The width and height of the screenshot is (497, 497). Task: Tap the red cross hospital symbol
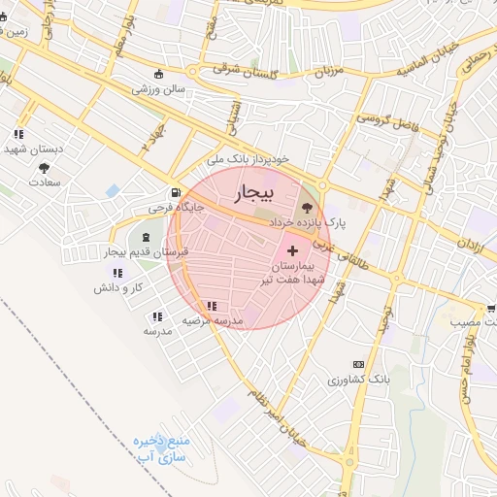293,250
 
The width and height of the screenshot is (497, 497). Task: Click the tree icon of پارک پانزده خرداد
309,207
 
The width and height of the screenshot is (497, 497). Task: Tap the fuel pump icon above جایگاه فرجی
175,192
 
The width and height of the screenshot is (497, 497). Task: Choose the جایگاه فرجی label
172,208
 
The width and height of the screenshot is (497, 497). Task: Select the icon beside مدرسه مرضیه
212,306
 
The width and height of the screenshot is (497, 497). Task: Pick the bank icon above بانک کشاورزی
360,363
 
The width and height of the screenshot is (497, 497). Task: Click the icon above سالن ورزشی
159,74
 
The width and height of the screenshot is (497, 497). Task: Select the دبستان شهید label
33,149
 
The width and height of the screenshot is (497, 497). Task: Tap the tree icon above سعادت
44,168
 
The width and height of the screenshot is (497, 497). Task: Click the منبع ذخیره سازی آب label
161,447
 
